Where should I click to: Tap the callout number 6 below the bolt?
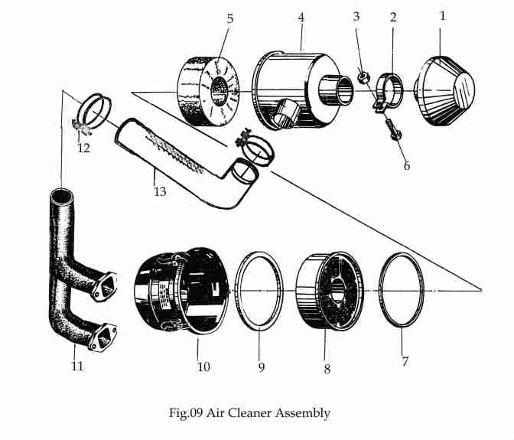coord(406,165)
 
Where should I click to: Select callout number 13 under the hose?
coord(160,191)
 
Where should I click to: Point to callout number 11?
coord(77,366)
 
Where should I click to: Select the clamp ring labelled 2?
coord(392,90)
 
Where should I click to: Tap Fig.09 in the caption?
coord(187,413)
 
